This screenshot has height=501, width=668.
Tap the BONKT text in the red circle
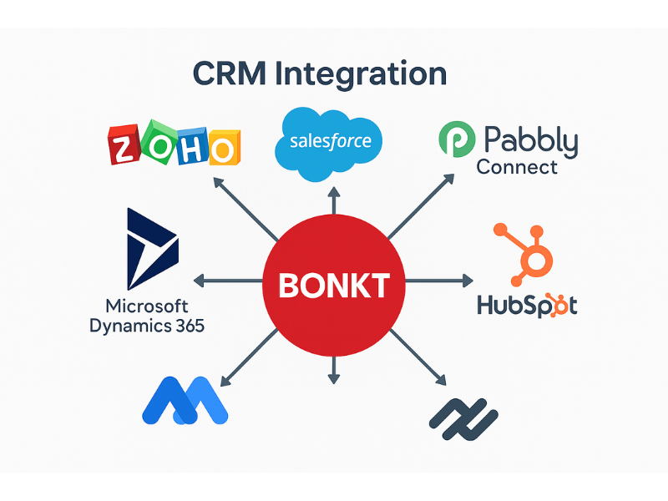coord(334,286)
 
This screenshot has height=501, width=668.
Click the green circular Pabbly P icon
coord(456,139)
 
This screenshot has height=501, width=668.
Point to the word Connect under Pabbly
coord(517,167)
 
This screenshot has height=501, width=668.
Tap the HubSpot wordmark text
coord(527,305)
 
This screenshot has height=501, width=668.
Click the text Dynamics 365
coord(147,326)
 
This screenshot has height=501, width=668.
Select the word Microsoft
coord(147,305)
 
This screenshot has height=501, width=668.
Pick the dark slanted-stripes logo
coord(463,418)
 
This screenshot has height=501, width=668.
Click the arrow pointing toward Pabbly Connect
coord(422,205)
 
